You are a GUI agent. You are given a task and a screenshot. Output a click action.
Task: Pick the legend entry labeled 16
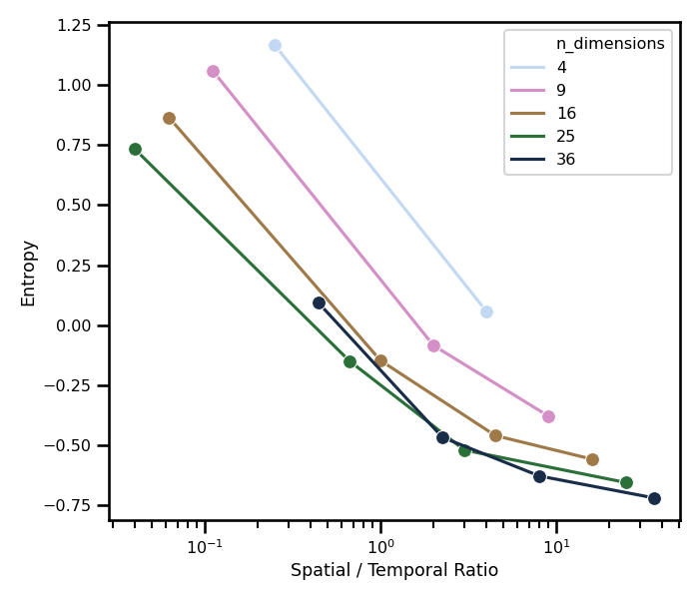click(x=566, y=114)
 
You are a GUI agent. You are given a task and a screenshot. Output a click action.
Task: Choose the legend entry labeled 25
click(x=566, y=137)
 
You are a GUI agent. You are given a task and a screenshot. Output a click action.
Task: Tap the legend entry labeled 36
click(x=566, y=160)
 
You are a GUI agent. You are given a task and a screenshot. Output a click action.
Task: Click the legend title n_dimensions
click(x=610, y=44)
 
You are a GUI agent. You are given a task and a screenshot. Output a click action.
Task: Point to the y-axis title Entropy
click(x=28, y=273)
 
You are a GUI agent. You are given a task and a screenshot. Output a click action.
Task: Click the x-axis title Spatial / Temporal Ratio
click(x=394, y=571)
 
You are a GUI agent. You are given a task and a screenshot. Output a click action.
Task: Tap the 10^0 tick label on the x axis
click(x=380, y=545)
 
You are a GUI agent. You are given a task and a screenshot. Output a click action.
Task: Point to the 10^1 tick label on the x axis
click(x=556, y=545)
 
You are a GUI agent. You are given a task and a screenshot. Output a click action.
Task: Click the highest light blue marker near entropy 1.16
click(x=275, y=45)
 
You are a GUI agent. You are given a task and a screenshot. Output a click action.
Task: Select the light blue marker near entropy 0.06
click(x=486, y=311)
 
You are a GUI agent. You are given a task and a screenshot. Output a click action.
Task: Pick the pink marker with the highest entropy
click(x=213, y=71)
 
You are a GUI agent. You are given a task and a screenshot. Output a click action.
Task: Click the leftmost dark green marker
click(x=135, y=149)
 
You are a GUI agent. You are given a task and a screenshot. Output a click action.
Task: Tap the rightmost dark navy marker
click(x=654, y=498)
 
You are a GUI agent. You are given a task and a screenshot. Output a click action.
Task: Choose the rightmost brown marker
click(x=592, y=459)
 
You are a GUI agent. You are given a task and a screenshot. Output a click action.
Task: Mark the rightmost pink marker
click(x=548, y=416)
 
